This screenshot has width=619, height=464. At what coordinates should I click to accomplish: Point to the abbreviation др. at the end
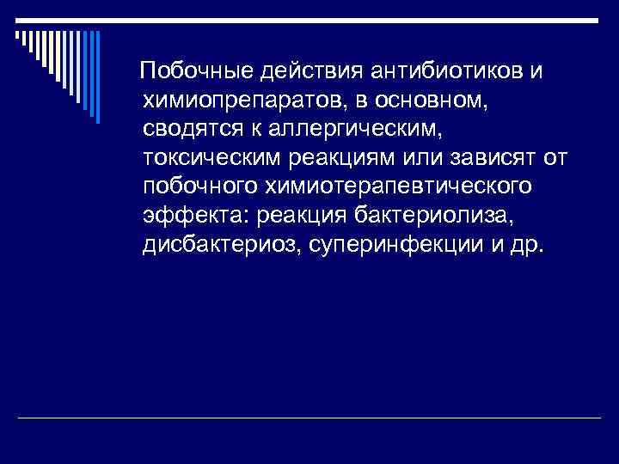(526, 246)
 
